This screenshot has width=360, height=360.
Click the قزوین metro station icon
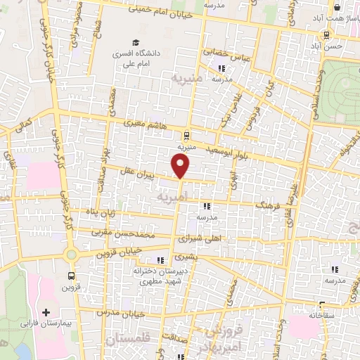(x=70, y=276)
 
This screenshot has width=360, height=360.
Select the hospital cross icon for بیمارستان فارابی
(x=46, y=312)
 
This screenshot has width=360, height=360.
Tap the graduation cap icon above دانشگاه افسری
(x=134, y=41)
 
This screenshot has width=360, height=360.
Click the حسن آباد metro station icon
(x=326, y=35)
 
